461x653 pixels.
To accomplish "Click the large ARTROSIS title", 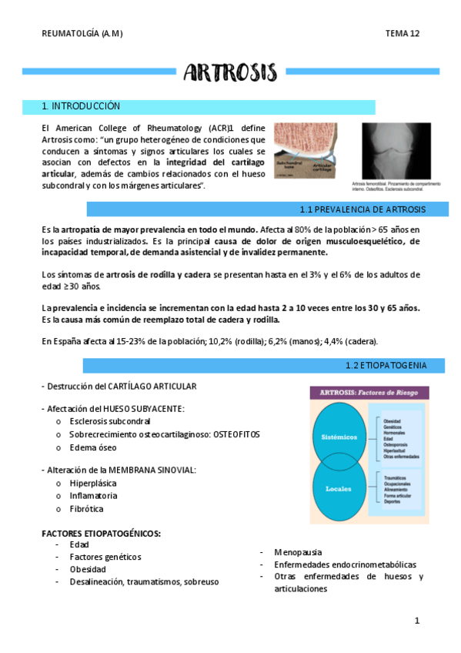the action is pyautogui.click(x=230, y=72).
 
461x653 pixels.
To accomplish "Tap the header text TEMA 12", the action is pyautogui.click(x=403, y=34).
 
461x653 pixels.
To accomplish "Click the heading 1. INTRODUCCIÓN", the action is pyautogui.click(x=82, y=106).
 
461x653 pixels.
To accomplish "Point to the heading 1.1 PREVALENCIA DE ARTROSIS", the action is pyautogui.click(x=362, y=209).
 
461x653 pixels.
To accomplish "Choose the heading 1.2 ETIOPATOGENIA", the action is pyautogui.click(x=385, y=364).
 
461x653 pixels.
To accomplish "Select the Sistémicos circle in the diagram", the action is pyautogui.click(x=339, y=437).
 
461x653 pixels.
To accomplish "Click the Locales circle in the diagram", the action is pyautogui.click(x=339, y=488).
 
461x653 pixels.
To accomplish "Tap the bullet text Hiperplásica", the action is pyautogui.click(x=95, y=483).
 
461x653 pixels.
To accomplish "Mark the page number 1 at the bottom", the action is pyautogui.click(x=416, y=620).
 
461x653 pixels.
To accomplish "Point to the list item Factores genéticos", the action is pyautogui.click(x=105, y=557).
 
